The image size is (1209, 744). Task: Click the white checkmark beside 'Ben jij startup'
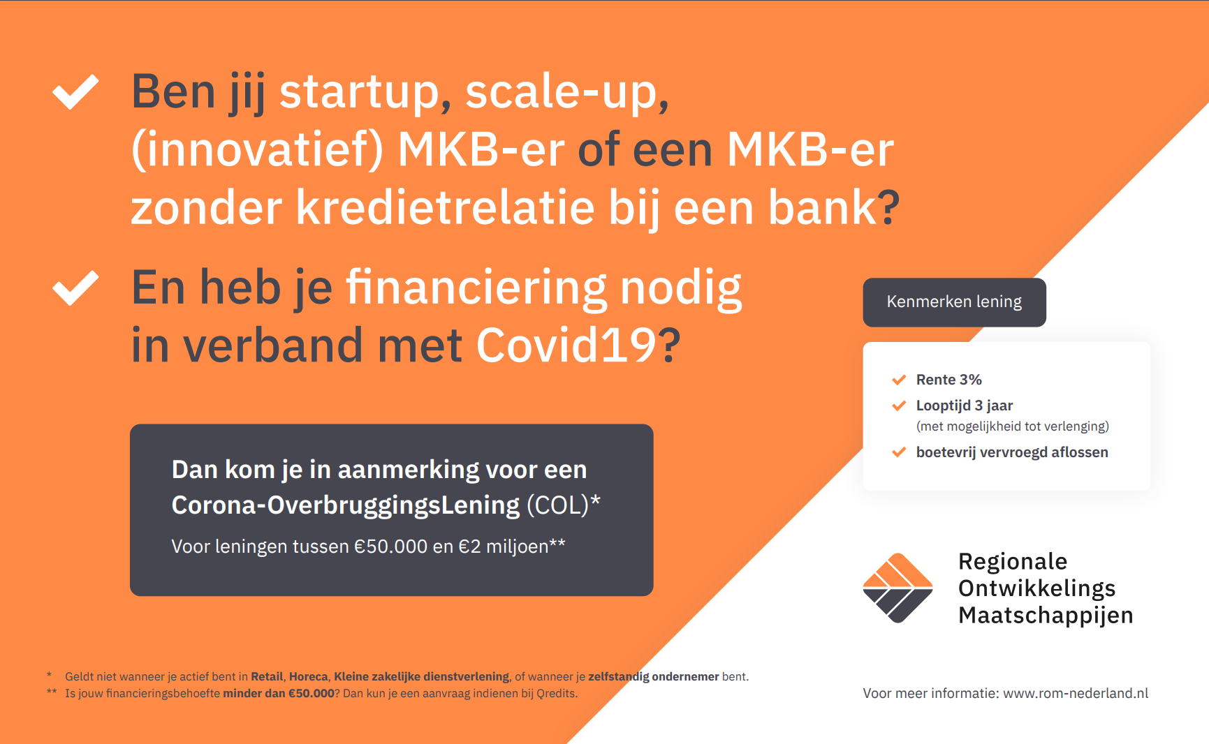coord(75,92)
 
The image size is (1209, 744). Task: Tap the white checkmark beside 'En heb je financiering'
coord(75,288)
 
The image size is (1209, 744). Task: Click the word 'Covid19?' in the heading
coord(578,345)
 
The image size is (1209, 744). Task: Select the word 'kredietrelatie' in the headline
coord(446,207)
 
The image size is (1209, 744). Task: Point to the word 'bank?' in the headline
coord(834,207)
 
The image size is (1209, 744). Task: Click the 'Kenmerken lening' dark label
coord(954,302)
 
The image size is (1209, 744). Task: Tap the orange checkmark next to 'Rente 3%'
coord(899,380)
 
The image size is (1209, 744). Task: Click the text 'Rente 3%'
coord(948,380)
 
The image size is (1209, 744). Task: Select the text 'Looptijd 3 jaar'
coord(964,406)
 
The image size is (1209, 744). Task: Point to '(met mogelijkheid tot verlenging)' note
coord(1012,426)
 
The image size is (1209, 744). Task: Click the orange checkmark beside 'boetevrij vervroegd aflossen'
coord(899,452)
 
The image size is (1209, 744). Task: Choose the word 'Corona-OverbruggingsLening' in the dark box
coord(346,505)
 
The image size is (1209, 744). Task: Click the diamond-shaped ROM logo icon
coord(897,588)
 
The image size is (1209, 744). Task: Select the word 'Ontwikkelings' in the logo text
coord(1036,588)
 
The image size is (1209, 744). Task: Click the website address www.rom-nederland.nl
coord(1076,693)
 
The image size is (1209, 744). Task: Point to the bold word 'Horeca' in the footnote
coord(309,676)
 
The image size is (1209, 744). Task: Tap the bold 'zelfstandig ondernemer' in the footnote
coord(653,676)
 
